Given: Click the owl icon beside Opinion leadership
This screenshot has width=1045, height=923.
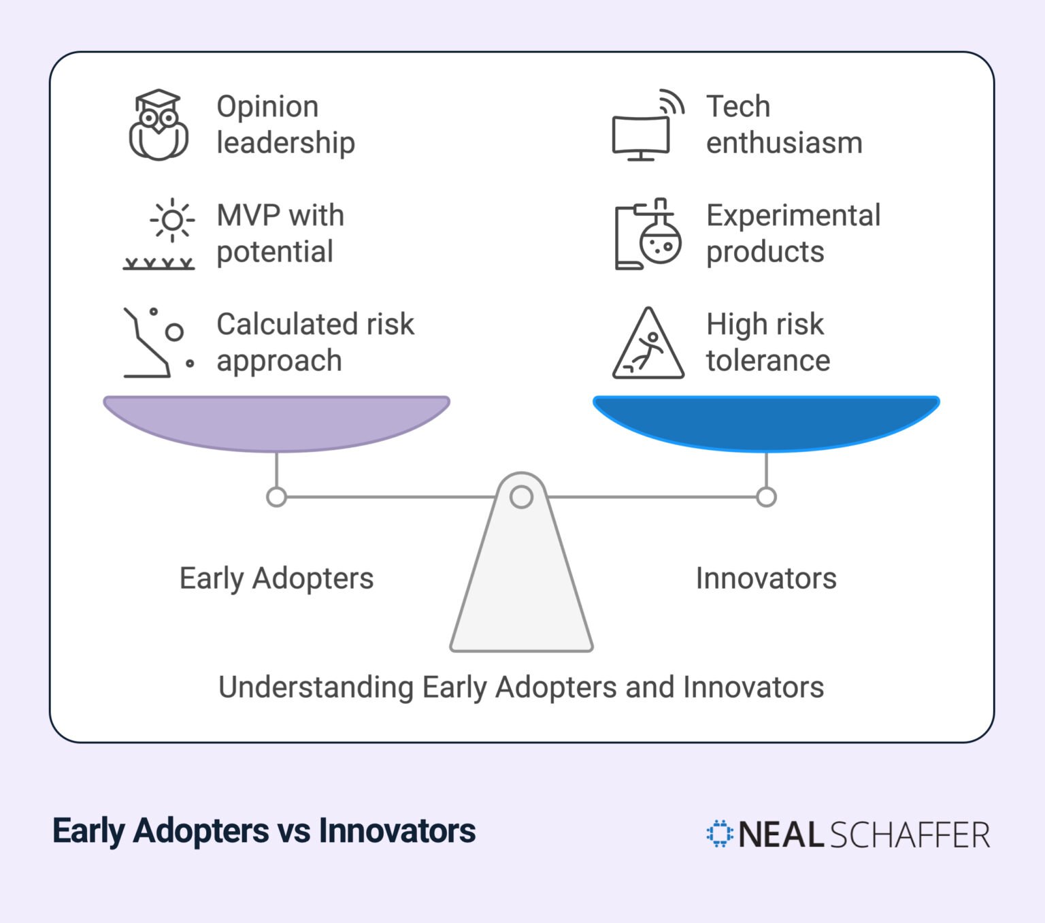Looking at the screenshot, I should (159, 125).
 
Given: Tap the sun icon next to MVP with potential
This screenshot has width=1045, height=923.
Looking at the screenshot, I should (172, 220).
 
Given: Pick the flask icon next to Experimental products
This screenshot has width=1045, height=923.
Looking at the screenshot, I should (648, 234).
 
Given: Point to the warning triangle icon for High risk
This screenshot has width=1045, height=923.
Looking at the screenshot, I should (648, 344).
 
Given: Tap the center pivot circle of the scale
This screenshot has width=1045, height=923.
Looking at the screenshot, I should (521, 497).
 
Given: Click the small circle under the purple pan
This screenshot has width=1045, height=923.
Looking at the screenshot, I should (276, 497).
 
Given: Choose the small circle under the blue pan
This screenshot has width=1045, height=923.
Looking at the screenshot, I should (766, 497).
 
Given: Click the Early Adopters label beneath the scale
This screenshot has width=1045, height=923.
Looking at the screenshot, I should (276, 579).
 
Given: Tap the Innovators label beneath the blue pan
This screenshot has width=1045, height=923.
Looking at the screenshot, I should (766, 579).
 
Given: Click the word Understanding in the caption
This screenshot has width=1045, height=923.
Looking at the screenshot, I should (316, 687).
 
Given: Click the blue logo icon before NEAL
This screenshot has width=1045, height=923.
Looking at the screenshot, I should (719, 834).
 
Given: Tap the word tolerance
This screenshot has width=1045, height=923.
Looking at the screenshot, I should (768, 361).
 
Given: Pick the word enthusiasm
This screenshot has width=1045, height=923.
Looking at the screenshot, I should (784, 143).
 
